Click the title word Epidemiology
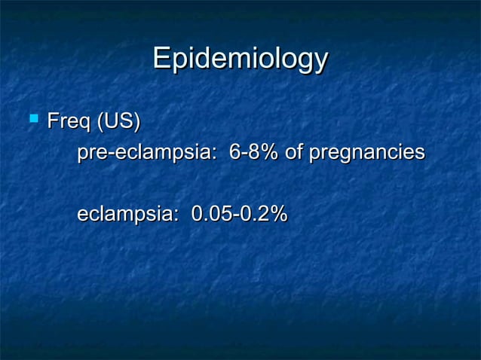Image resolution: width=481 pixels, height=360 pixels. tap(240, 59)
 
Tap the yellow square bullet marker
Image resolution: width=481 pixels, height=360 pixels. tap(32, 118)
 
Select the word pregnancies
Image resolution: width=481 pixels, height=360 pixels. tap(366, 154)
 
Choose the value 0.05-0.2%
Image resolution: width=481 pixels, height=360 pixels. tap(239, 215)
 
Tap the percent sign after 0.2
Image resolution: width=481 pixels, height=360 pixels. tap(278, 215)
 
